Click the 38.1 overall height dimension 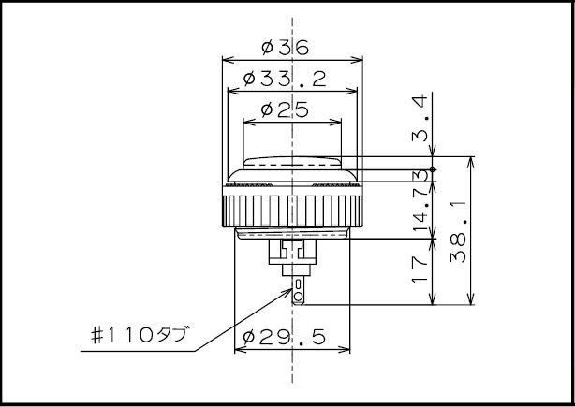(459, 231)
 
